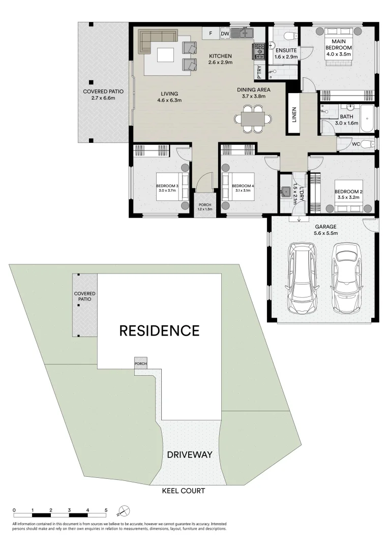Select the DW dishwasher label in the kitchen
[224, 34]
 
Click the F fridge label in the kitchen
[210, 34]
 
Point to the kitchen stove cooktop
[259, 51]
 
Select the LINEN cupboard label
[294, 114]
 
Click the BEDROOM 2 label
[347, 192]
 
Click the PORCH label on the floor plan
[205, 205]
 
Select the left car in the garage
[301, 277]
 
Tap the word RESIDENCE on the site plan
[159, 331]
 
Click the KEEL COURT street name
[183, 491]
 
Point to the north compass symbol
[124, 510]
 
